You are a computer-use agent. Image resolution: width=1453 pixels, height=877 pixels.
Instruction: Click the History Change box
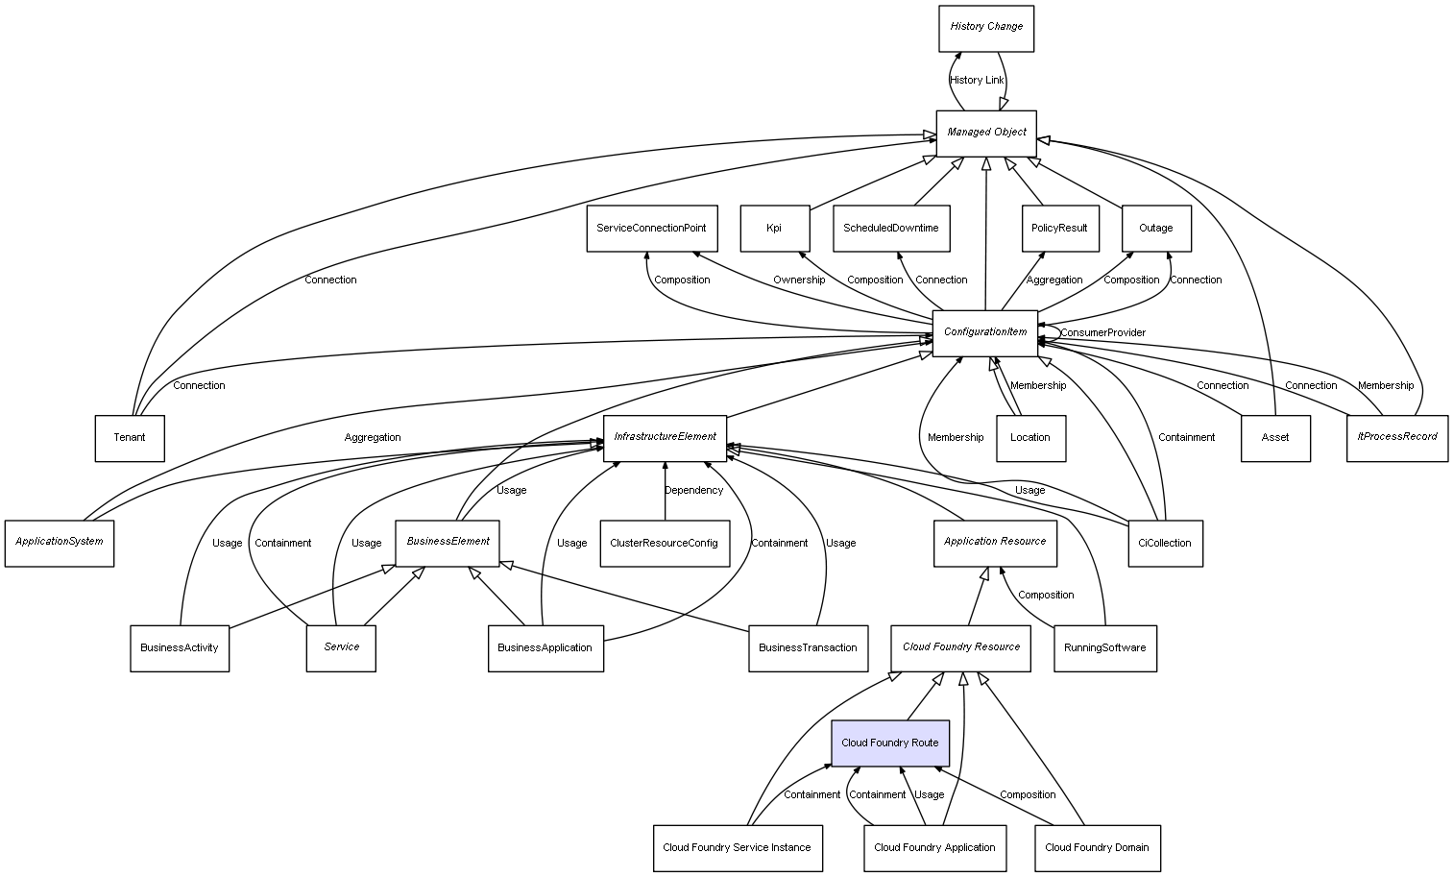click(x=986, y=28)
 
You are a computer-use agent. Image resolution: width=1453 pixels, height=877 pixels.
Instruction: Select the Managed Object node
click(x=986, y=133)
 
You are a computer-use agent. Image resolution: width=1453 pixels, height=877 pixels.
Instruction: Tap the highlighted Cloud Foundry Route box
click(x=889, y=743)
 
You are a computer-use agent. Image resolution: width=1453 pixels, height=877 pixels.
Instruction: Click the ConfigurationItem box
click(x=985, y=332)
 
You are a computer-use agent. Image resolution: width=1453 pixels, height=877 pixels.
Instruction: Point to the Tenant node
click(x=130, y=438)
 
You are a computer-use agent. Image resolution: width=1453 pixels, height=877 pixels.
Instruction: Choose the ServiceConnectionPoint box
click(x=651, y=229)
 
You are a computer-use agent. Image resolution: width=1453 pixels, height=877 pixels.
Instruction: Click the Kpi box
click(x=774, y=229)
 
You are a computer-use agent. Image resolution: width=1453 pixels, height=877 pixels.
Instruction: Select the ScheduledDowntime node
click(x=891, y=229)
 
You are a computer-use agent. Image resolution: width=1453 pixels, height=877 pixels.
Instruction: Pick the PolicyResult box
click(x=1059, y=229)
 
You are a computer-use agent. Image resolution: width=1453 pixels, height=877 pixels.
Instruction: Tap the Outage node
click(x=1156, y=229)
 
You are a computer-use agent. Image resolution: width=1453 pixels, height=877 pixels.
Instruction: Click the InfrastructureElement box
click(x=665, y=437)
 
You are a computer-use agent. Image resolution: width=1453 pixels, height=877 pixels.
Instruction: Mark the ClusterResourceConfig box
click(x=664, y=544)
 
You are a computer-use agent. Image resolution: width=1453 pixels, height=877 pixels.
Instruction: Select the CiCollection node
click(x=1165, y=544)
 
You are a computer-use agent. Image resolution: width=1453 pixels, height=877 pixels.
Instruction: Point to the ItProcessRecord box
click(x=1397, y=437)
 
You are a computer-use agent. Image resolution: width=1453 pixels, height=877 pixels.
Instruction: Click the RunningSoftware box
click(x=1104, y=648)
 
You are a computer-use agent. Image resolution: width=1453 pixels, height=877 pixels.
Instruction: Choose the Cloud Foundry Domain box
click(x=1097, y=848)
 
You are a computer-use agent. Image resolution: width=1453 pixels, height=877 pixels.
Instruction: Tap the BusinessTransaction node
click(x=808, y=648)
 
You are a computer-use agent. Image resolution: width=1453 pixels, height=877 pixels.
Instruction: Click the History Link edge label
click(x=977, y=81)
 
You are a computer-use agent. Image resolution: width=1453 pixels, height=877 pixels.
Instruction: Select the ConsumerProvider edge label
click(x=1102, y=333)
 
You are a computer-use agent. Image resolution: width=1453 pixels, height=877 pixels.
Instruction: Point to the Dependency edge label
click(x=693, y=491)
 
